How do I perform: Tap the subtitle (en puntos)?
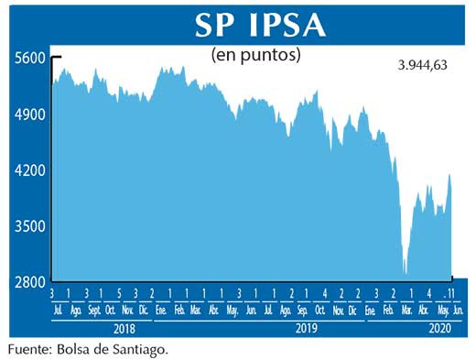256,55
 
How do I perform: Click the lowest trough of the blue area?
406,273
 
